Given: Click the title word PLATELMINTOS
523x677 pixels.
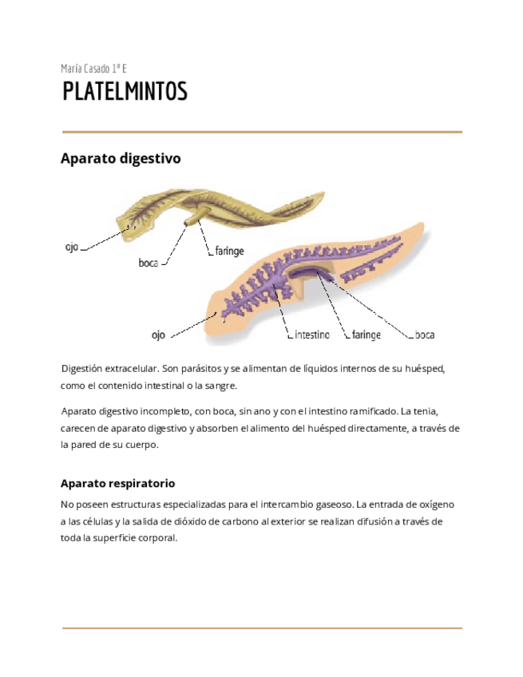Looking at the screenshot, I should (125, 92).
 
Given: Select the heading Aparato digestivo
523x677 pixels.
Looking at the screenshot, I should (121, 159).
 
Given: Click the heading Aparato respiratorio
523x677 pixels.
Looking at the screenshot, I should (117, 484).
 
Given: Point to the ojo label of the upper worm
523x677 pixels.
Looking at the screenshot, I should (72, 247).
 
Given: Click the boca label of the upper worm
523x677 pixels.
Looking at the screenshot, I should (149, 263).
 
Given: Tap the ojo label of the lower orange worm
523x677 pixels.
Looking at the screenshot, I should (158, 335).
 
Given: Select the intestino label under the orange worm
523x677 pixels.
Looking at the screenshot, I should (311, 335).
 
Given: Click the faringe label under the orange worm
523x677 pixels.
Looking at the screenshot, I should (366, 335).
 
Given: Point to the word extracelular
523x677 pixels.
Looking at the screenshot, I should (131, 370).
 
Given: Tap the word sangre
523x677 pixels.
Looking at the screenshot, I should (221, 386).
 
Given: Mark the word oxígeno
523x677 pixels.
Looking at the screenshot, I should (434, 505).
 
